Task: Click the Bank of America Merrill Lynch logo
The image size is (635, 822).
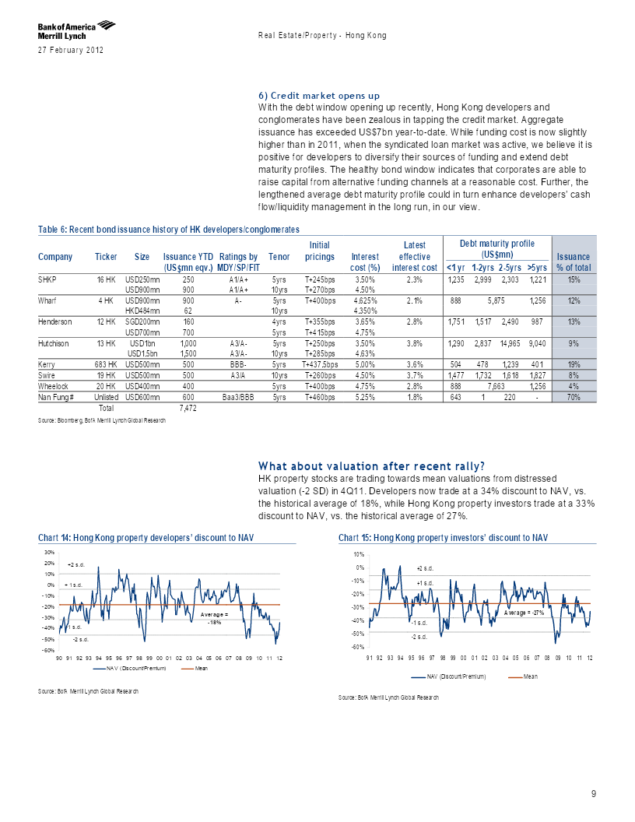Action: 76,30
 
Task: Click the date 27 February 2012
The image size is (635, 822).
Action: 71,51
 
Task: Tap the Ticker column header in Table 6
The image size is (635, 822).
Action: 106,257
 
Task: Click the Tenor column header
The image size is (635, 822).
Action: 279,257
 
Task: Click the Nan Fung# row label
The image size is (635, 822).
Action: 55,397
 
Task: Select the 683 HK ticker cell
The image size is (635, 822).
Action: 106,365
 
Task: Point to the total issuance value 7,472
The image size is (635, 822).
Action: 188,408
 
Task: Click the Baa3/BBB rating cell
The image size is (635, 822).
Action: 238,397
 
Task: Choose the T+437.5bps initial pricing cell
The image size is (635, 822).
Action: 320,365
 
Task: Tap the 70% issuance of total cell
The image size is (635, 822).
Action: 574,397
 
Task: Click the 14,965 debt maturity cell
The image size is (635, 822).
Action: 510,343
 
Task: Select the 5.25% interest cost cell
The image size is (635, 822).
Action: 365,397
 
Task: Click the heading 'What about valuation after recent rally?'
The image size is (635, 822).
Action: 371,466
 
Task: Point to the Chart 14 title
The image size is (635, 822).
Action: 146,538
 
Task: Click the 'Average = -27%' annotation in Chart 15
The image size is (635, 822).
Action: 524,613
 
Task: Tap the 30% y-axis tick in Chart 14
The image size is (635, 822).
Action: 50,552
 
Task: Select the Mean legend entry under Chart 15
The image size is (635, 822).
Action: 524,676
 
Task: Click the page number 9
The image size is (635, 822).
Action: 594,794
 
